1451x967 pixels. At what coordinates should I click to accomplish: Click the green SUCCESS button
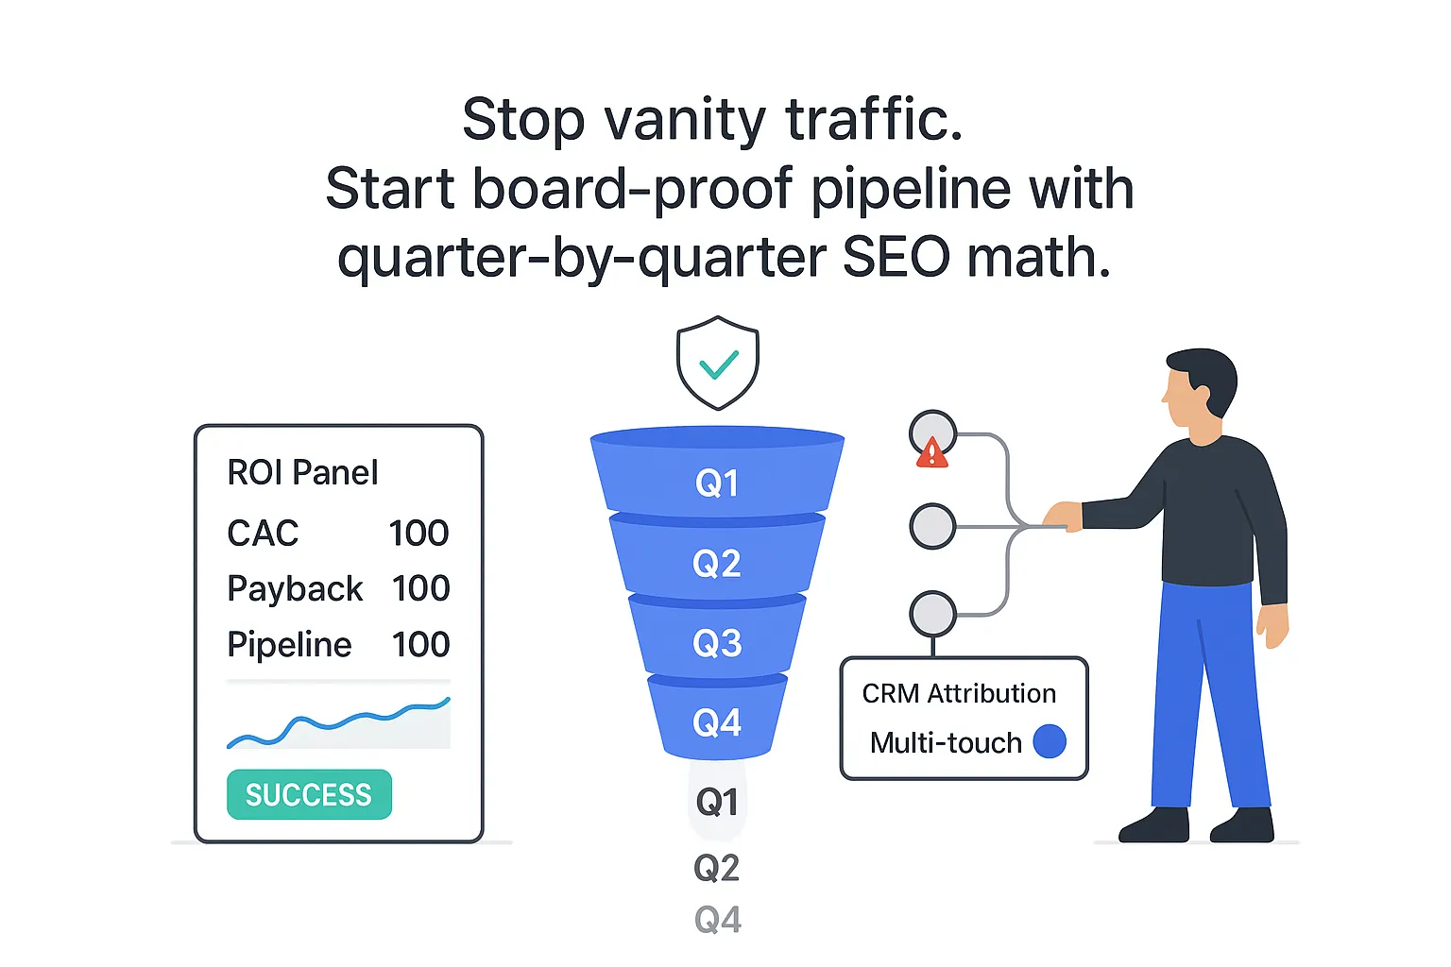(309, 795)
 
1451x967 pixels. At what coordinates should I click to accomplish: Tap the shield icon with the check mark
(718, 363)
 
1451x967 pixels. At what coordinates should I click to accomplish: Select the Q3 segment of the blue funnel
(717, 643)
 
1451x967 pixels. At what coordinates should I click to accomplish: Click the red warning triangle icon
(931, 454)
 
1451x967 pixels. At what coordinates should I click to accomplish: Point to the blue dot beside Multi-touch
(1050, 742)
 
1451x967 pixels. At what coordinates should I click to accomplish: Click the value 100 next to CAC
(418, 534)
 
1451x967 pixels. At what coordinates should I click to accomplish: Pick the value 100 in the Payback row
(420, 588)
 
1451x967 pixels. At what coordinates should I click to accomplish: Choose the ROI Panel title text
(302, 472)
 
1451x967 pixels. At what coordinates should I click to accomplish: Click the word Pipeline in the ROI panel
(289, 645)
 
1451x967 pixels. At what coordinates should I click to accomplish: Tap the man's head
(1198, 382)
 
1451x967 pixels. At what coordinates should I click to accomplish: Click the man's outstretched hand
(1062, 516)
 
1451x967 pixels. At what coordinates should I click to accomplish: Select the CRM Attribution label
(959, 694)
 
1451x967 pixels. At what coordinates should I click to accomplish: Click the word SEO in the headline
(896, 257)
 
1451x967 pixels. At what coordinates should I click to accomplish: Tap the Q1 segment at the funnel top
(717, 483)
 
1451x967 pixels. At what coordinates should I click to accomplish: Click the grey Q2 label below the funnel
(717, 868)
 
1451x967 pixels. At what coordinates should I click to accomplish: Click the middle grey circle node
(932, 526)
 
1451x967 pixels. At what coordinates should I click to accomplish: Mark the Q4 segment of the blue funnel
(717, 722)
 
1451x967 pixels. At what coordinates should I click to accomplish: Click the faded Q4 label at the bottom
(718, 920)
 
